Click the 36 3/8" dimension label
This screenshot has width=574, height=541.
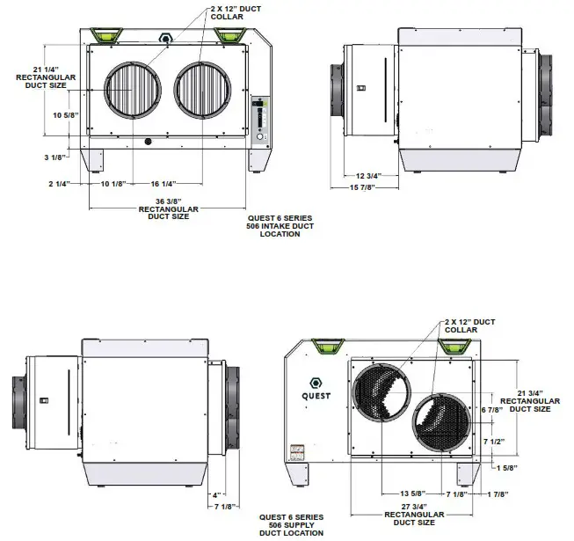168,202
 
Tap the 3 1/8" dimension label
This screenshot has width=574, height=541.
54,157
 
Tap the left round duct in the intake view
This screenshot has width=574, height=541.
134,91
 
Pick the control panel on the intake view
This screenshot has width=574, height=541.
260,120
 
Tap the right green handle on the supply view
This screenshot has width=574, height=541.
454,346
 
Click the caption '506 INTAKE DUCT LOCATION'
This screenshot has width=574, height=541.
280,230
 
